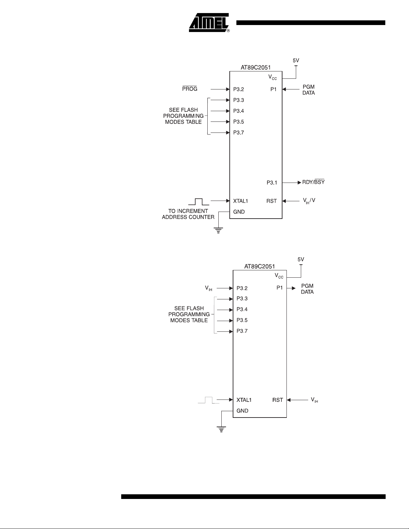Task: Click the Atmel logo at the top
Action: point(209,23)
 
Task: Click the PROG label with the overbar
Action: point(190,89)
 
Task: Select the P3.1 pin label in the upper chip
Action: point(271,183)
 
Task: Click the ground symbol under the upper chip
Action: point(218,230)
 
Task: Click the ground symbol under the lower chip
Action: point(221,429)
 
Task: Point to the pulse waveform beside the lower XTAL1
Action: point(208,400)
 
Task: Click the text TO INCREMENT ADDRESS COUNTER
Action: point(188,214)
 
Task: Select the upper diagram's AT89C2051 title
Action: point(255,67)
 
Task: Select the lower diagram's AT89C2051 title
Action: point(260,266)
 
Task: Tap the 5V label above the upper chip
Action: point(296,60)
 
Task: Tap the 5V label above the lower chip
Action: point(301,259)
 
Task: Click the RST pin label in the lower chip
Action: point(277,400)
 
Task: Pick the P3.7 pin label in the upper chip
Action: point(238,133)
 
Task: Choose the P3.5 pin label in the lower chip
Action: point(242,320)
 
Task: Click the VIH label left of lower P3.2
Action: point(209,288)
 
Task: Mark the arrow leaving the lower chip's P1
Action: point(291,288)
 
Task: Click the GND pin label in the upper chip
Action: point(239,212)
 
